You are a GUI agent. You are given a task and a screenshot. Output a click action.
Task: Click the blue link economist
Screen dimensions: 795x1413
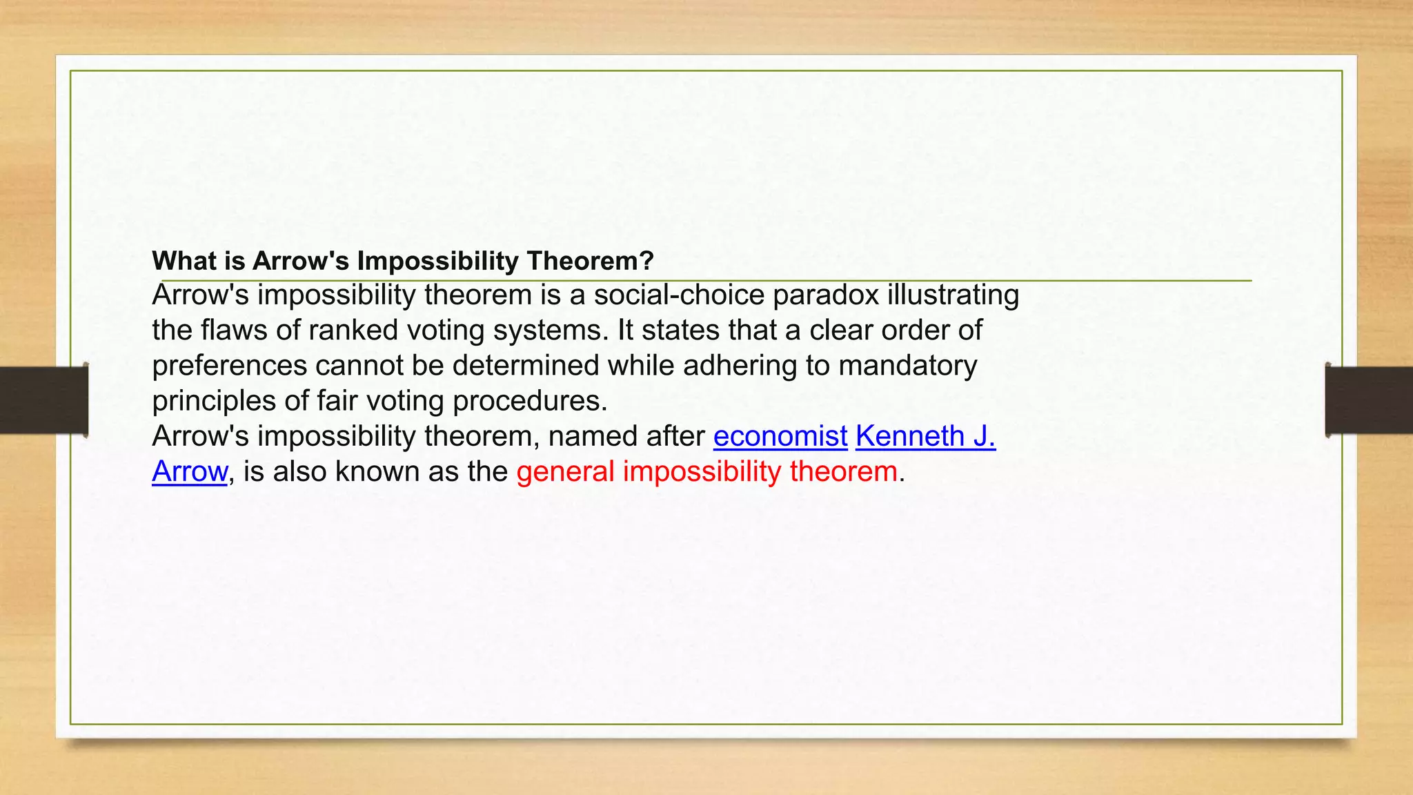tap(780, 436)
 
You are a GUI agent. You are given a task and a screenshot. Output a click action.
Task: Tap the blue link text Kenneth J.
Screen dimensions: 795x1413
tap(925, 436)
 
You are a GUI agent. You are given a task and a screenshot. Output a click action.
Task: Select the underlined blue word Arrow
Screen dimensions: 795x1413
tap(189, 471)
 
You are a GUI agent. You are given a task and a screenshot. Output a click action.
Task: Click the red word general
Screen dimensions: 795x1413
tap(564, 472)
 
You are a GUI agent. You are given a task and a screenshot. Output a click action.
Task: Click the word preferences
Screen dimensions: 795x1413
tap(229, 366)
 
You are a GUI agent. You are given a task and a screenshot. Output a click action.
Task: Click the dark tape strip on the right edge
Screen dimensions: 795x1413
tap(1369, 400)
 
